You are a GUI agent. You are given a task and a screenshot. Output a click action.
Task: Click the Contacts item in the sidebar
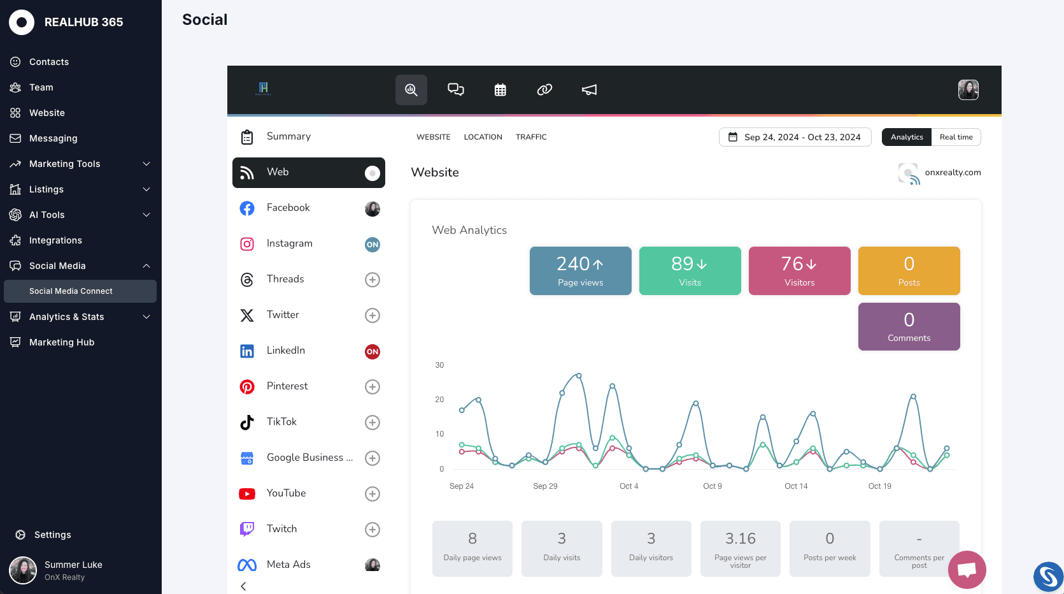point(49,62)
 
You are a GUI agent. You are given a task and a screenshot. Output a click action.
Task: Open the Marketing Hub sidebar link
point(62,342)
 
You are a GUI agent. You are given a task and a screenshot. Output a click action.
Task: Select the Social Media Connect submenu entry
point(71,291)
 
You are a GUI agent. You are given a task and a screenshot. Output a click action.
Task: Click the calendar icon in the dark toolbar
point(500,90)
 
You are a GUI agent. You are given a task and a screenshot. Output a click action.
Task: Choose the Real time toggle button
point(956,137)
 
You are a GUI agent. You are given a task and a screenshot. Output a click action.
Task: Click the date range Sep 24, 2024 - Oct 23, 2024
point(795,137)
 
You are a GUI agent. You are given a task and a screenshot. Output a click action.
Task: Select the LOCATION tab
point(483,137)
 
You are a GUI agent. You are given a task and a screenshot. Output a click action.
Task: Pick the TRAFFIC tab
point(531,137)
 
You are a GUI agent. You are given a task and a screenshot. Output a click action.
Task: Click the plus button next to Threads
point(372,280)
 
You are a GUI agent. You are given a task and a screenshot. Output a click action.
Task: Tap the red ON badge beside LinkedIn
point(372,351)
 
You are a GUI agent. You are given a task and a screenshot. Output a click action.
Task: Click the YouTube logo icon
point(247,494)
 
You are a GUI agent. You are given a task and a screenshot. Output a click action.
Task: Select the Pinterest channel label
point(287,386)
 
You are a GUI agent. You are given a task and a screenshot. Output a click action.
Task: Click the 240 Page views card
point(580,271)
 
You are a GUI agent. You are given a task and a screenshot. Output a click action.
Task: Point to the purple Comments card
point(909,326)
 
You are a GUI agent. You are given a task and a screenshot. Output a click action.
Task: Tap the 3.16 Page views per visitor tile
point(740,549)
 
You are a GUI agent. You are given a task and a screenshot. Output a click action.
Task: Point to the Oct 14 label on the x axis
point(796,486)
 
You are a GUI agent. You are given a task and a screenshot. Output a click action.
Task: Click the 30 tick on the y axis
point(439,365)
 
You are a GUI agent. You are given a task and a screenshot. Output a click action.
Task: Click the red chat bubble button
point(967,569)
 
